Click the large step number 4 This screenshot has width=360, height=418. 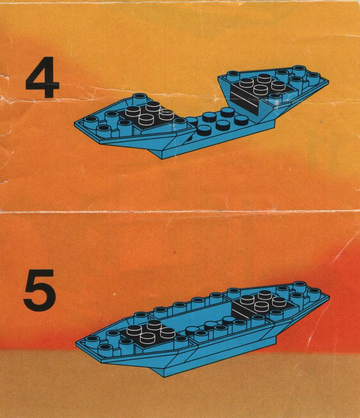(42, 77)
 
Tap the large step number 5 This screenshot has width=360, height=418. (40, 290)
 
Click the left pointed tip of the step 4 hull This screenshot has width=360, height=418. (75, 122)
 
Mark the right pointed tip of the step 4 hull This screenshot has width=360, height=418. (328, 80)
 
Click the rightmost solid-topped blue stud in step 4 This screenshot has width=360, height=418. (241, 121)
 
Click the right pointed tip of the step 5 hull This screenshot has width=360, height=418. (328, 296)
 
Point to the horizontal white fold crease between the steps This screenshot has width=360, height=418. (180, 212)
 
